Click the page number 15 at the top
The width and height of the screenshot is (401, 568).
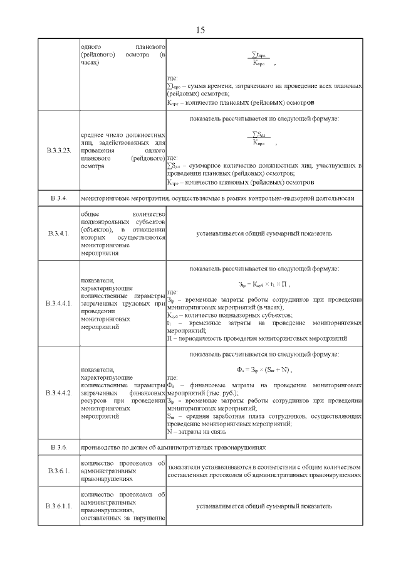pos(200,30)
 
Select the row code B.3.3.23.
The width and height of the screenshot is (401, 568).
pos(59,151)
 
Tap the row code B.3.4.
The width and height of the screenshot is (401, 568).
pos(59,199)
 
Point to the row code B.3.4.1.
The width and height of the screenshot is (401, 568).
pos(59,233)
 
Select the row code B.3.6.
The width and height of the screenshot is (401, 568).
pos(59,447)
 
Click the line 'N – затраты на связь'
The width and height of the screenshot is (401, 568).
pos(200,432)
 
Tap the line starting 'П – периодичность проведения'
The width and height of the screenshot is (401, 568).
pos(257,338)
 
